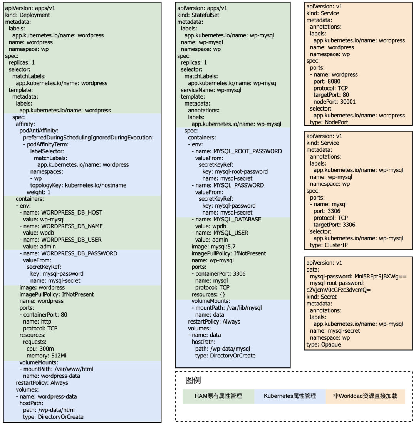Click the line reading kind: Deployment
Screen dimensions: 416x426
click(27, 15)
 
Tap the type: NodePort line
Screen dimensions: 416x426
click(329, 122)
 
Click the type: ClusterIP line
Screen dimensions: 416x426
click(329, 245)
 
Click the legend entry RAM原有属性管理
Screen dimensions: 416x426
click(218, 396)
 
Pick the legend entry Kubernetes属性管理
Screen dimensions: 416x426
click(290, 396)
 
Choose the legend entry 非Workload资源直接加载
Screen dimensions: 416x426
click(365, 396)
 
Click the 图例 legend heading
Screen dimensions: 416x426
click(193, 381)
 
